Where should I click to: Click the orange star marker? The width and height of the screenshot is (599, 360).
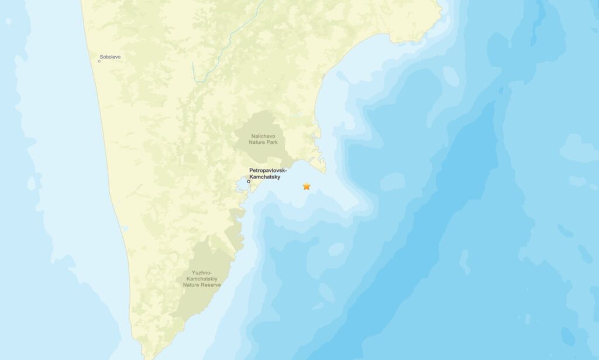[306, 186]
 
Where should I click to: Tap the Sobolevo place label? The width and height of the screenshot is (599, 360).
[110, 57]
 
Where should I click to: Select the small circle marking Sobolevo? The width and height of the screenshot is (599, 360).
[99, 61]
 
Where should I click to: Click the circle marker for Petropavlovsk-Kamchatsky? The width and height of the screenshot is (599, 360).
[249, 181]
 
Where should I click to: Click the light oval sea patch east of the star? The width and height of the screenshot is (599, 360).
[393, 181]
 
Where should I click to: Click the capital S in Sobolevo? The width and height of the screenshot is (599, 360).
[101, 57]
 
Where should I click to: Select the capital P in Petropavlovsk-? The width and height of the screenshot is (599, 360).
[252, 170]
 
